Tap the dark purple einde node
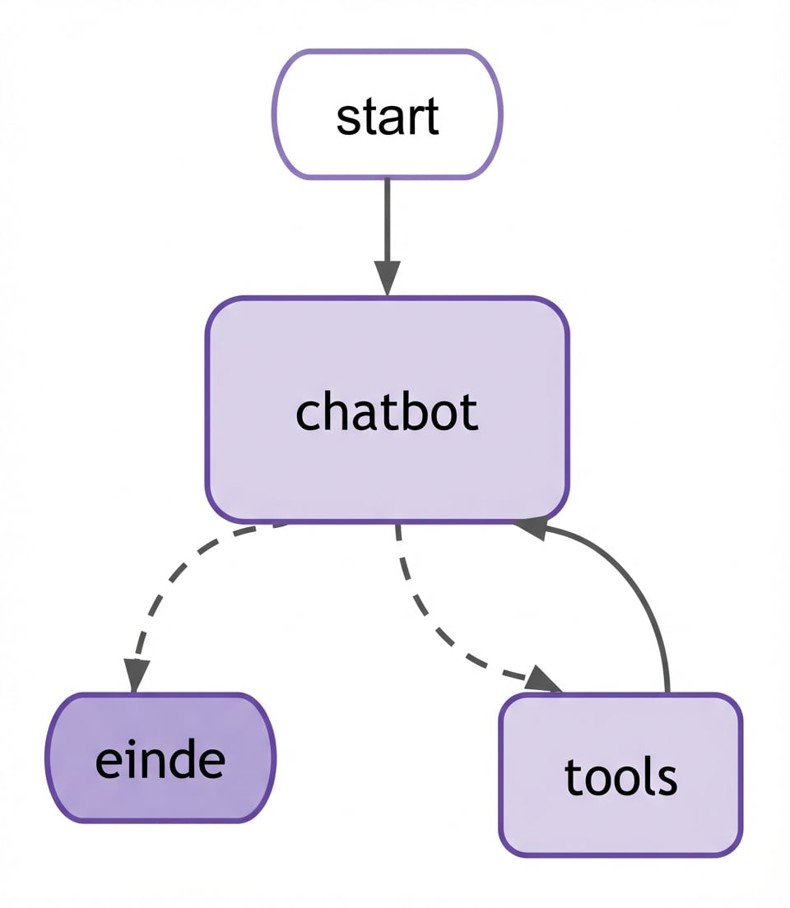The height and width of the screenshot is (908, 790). pos(160,757)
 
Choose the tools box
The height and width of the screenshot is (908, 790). pos(621,776)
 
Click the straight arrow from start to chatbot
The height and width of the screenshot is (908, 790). pos(387,222)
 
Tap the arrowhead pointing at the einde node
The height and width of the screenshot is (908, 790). pos(137,674)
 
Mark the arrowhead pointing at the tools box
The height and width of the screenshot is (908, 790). pos(543,679)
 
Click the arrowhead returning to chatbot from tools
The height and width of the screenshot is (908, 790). pos(531,527)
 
